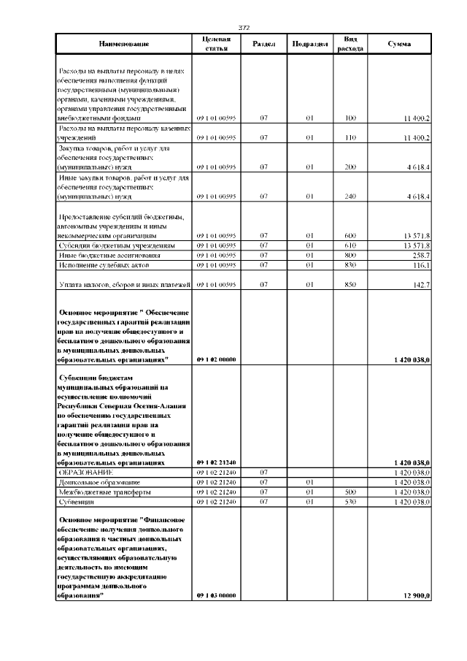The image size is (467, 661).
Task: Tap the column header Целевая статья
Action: (217, 44)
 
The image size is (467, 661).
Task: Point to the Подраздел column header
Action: (309, 44)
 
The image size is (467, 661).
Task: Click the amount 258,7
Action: (420, 256)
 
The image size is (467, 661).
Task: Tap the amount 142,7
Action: (420, 283)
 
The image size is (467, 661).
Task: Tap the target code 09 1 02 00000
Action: (216, 360)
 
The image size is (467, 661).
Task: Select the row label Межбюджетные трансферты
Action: (99, 493)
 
